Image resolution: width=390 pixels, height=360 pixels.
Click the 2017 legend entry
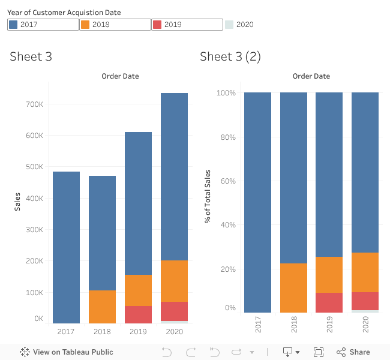pyautogui.click(x=43, y=25)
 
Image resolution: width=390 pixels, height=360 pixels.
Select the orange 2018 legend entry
pyautogui.click(x=115, y=25)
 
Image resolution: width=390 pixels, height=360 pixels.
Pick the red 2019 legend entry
pyautogui.click(x=187, y=25)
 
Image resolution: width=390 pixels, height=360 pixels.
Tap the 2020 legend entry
pyautogui.click(x=239, y=25)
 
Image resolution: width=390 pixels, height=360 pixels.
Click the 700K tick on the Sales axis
pyautogui.click(x=34, y=104)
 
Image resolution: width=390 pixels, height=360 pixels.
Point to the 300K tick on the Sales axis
pyautogui.click(x=34, y=230)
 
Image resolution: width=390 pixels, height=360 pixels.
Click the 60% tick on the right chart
pyautogui.click(x=227, y=181)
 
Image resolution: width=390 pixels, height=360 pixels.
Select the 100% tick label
pyautogui.click(x=226, y=94)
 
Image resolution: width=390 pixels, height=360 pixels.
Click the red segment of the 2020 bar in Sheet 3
pyautogui.click(x=174, y=311)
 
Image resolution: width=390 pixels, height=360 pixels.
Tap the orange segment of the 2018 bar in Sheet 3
pyautogui.click(x=102, y=307)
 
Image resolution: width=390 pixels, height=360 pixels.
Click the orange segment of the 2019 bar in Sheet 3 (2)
pyautogui.click(x=329, y=275)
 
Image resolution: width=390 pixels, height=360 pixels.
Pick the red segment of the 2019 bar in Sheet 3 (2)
pyautogui.click(x=329, y=302)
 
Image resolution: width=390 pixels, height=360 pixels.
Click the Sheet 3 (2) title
pyautogui.click(x=230, y=57)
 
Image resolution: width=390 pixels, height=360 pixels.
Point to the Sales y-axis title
pyautogui.click(x=18, y=201)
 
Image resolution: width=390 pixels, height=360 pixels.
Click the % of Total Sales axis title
pyautogui.click(x=208, y=196)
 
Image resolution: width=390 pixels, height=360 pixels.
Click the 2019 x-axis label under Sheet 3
pyautogui.click(x=138, y=332)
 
